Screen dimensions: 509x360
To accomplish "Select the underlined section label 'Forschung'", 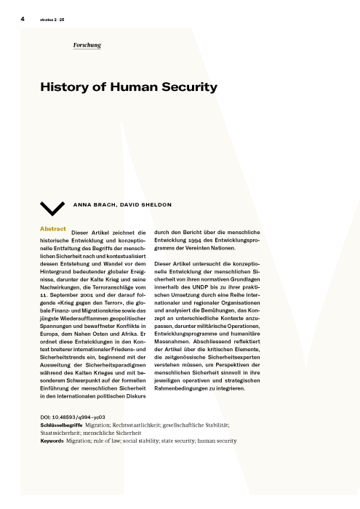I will coord(87,45).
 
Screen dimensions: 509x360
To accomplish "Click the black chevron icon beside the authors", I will coord(53,208).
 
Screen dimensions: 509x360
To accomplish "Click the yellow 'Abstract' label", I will coord(53,229).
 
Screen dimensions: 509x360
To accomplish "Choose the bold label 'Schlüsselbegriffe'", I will coord(61,424).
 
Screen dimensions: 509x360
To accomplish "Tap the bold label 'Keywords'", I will coord(53,441).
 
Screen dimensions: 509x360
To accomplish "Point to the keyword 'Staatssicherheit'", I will coord(61,432).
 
